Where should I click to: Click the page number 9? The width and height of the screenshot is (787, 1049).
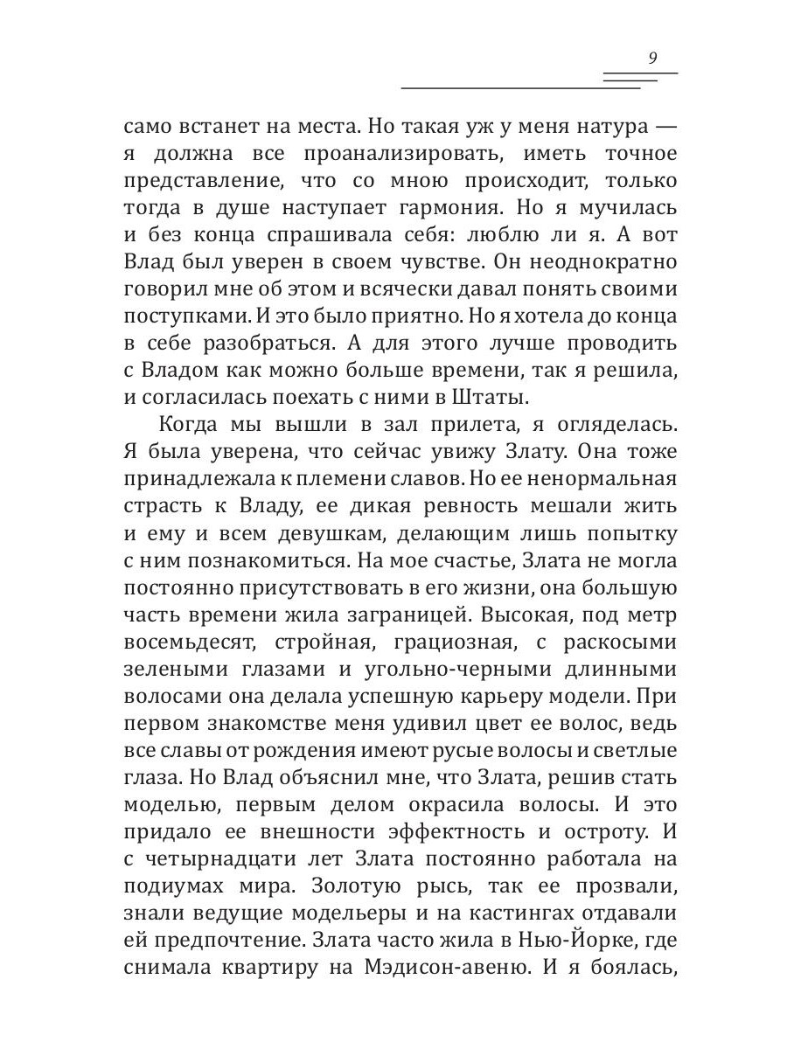click(653, 59)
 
